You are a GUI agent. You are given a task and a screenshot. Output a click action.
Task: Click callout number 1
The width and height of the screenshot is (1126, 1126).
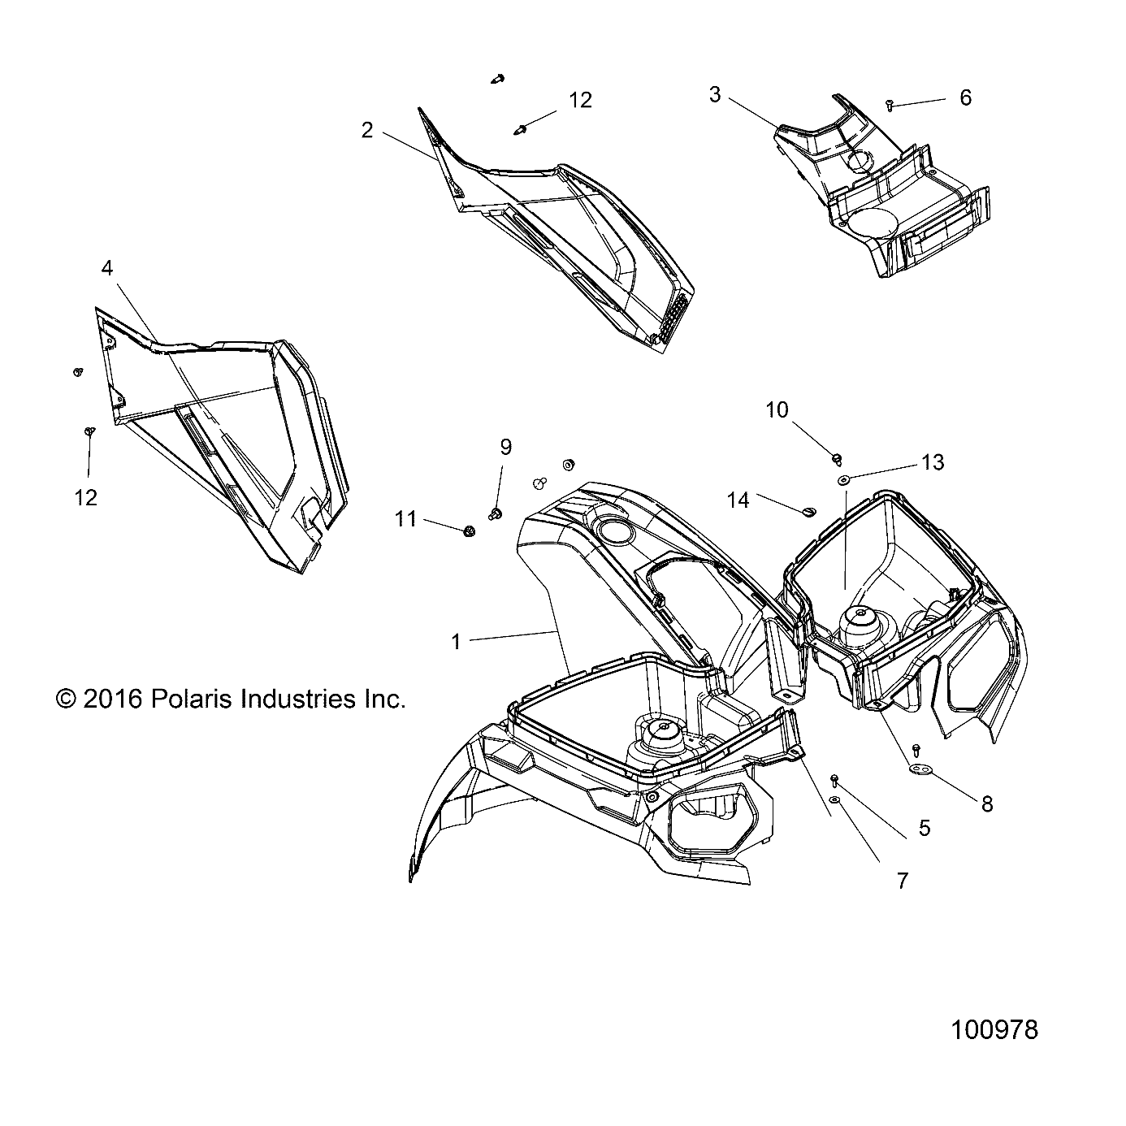coord(456,642)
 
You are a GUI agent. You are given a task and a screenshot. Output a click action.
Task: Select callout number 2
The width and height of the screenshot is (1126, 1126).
coord(367,130)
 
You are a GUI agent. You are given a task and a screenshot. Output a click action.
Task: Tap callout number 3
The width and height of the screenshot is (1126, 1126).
coord(714,95)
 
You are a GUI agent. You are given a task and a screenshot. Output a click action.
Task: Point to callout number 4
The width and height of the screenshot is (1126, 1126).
coord(107,267)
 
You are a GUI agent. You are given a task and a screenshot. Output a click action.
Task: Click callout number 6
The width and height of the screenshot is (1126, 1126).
coord(965,97)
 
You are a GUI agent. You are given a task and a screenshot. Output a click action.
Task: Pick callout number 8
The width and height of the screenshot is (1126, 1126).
coord(987,803)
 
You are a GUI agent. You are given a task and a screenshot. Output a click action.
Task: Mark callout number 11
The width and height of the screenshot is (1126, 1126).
coord(406,518)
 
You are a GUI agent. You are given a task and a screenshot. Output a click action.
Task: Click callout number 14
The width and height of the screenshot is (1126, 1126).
coord(738,500)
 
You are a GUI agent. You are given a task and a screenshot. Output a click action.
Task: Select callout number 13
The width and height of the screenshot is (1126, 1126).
coord(933,462)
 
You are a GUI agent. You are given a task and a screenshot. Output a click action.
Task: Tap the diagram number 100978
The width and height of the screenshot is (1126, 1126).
coord(994,1030)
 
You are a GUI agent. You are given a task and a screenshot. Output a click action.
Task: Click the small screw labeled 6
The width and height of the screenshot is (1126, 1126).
coord(890,105)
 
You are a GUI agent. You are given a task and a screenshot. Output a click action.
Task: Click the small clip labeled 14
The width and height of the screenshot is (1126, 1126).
coord(808,510)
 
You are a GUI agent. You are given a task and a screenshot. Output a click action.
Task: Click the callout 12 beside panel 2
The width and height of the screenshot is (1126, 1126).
coord(580,100)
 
